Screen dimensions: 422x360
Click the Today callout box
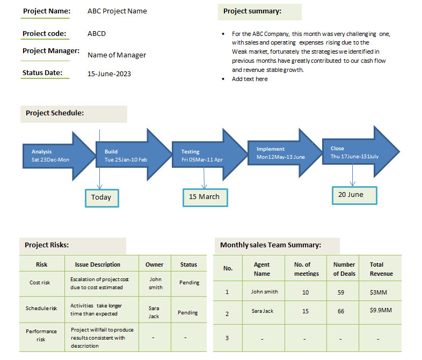click(102, 198)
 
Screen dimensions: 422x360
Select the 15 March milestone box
click(205, 197)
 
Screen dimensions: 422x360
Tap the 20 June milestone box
click(354, 195)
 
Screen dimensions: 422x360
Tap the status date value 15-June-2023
click(109, 74)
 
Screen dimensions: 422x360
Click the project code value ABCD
click(97, 34)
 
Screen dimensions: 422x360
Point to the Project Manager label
click(51, 51)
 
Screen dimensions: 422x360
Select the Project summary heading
click(252, 11)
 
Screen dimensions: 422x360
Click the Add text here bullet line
click(250, 79)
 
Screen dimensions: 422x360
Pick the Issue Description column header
click(97, 265)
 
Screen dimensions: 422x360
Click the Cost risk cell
click(40, 283)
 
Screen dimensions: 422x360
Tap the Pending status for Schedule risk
click(187, 313)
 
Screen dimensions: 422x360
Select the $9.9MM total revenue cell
click(381, 310)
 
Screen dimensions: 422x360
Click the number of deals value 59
click(341, 292)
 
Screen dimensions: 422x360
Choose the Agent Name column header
click(262, 269)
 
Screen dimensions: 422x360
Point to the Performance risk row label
click(41, 335)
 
